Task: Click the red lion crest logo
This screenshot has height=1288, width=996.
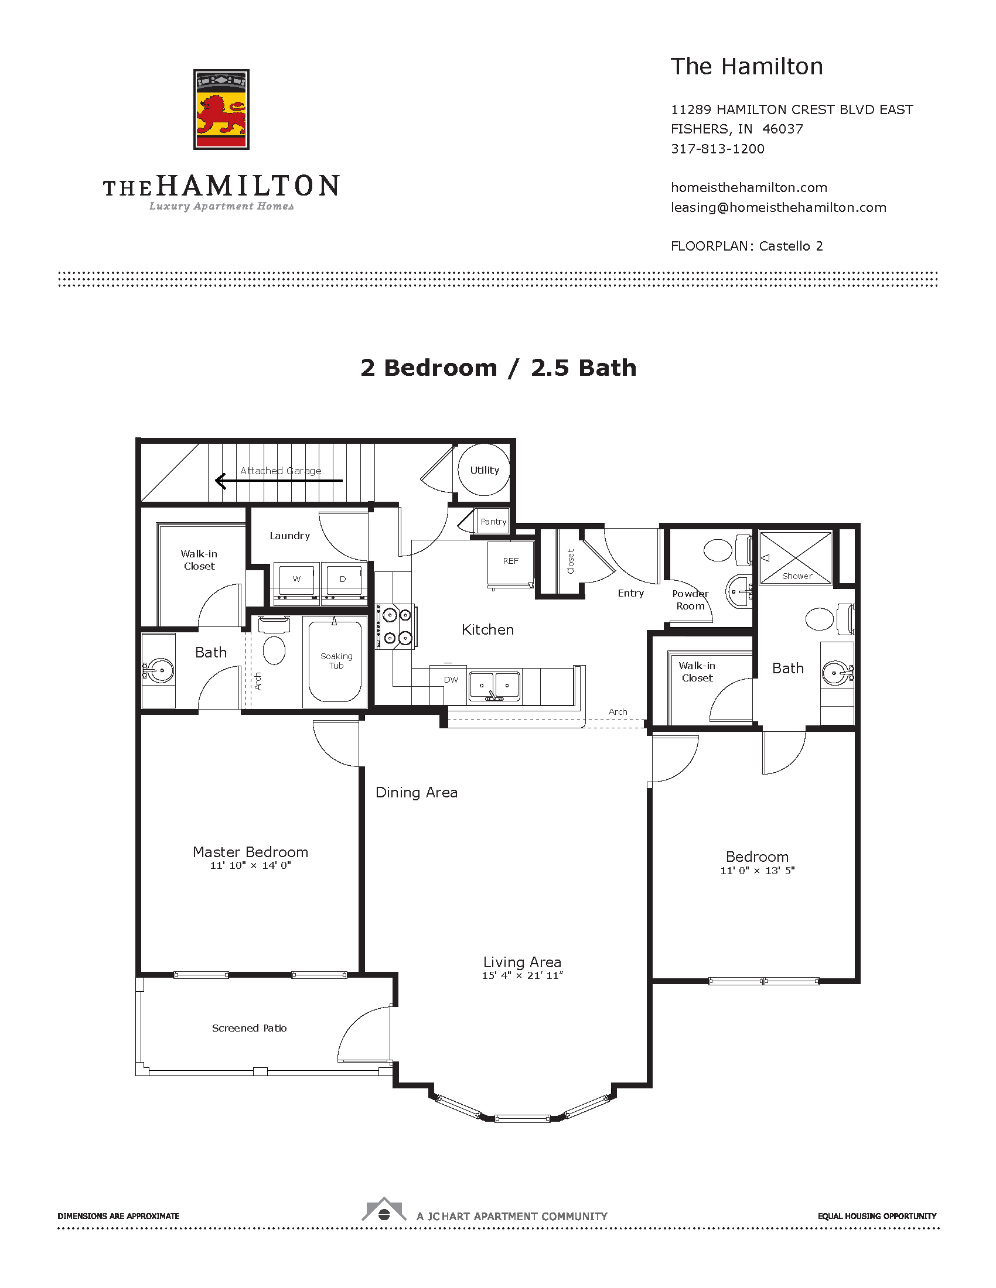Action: coord(221,109)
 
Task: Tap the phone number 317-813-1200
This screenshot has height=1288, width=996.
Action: coord(718,149)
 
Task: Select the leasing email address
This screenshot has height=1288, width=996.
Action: coord(778,208)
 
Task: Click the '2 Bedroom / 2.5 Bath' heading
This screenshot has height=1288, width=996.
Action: coord(499,368)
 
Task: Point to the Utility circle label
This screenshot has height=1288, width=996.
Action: coord(485,470)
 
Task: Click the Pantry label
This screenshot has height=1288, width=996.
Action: coord(493,521)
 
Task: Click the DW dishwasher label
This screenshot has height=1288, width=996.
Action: coord(451,680)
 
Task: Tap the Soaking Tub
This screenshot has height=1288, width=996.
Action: coord(335,661)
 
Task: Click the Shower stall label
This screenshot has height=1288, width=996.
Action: coord(797,576)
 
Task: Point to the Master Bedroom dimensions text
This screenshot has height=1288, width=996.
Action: coord(250,865)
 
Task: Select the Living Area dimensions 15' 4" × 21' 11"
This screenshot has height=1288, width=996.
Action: coord(522,975)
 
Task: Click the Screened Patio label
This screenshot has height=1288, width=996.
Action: coord(249,1028)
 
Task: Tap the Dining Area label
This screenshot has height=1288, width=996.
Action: coord(417,793)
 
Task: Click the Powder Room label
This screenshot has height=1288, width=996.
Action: coord(690,600)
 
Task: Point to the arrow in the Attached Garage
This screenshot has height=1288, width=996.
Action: coord(278,481)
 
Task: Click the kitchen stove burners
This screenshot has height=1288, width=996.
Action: coord(397,626)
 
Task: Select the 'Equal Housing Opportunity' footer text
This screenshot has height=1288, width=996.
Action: coord(877,1216)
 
